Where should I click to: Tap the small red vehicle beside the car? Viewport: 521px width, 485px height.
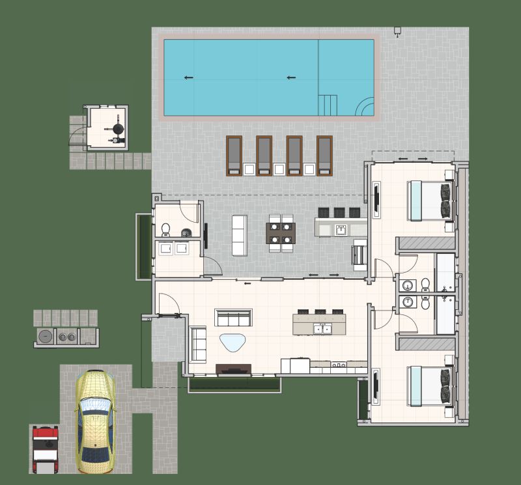[x=45, y=445]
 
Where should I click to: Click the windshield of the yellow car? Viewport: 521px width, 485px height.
[x=96, y=408]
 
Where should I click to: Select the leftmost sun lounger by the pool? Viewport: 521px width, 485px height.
[x=234, y=155]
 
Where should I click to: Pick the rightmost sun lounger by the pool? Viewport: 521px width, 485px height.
[x=324, y=155]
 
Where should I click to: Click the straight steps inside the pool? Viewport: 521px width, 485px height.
[x=328, y=104]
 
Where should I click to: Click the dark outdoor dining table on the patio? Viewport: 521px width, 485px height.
[x=281, y=233]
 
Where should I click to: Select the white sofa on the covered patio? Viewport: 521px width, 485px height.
[x=240, y=234]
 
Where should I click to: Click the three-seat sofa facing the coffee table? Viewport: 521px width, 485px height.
[x=233, y=318]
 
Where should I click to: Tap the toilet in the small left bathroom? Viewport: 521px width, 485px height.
[x=165, y=229]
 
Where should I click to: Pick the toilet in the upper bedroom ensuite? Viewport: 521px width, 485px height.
[x=425, y=284]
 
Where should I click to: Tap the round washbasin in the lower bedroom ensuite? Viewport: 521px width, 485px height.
[x=408, y=302]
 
